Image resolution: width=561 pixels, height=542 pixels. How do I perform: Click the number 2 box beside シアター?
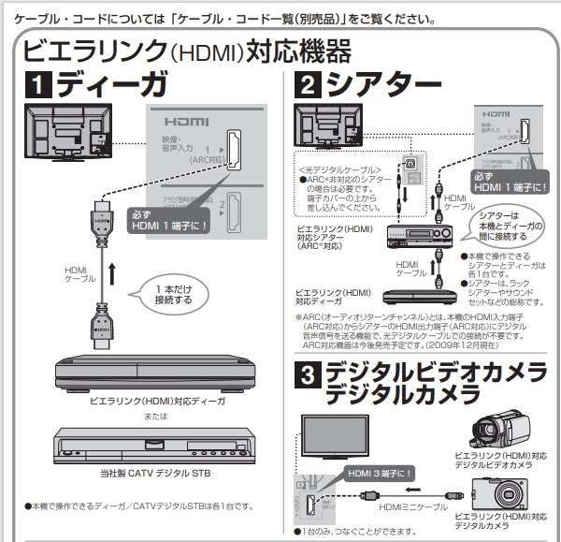309,87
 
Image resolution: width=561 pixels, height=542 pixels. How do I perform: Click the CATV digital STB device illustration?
149,450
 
